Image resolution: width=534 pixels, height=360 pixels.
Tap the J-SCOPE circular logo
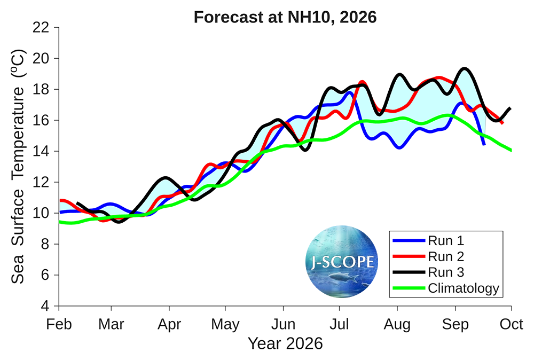tap(342, 262)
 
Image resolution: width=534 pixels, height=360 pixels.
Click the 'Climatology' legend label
tap(464, 289)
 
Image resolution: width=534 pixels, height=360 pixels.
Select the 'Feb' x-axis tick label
tap(59, 324)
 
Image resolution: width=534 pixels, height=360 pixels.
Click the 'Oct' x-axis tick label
tap(512, 324)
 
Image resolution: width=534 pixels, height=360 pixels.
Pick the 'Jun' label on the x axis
tap(283, 324)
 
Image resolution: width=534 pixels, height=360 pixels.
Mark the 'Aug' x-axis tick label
tap(397, 324)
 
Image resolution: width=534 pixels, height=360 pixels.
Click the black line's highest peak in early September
tap(464, 68)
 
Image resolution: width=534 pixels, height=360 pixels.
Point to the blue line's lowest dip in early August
tap(399, 147)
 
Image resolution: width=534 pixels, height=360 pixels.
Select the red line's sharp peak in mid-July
tap(362, 82)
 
